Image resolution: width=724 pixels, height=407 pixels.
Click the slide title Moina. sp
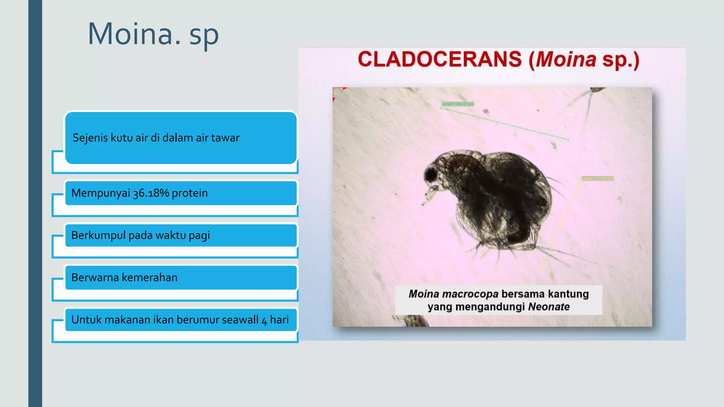153,34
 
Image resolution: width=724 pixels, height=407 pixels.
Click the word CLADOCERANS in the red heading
439,59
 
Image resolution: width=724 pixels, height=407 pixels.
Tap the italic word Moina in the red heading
566,59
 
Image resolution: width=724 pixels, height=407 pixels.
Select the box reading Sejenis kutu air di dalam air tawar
181,138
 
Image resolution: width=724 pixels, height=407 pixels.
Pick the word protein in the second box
189,193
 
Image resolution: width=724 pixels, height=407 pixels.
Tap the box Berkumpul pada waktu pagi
181,235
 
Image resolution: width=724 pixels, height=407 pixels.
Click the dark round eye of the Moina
430,174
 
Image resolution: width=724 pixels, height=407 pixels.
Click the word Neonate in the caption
549,307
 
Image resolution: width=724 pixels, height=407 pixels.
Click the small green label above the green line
457,104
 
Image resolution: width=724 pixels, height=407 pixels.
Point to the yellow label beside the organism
597,179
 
